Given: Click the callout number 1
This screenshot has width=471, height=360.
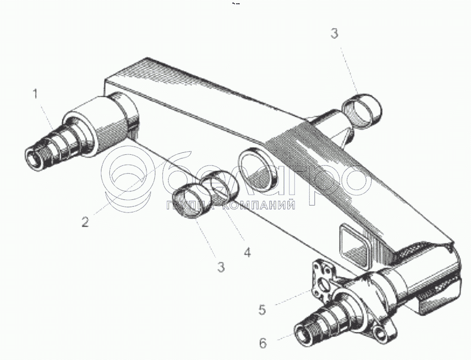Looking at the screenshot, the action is (x=36, y=95).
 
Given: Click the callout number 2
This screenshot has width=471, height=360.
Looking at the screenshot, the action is (x=85, y=221).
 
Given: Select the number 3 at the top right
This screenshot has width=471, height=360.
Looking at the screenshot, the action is (x=334, y=33).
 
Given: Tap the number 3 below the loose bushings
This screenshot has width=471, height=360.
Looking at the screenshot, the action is (x=221, y=267).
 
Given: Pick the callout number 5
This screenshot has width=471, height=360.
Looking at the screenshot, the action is (x=262, y=309).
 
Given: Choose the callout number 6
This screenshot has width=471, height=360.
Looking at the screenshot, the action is (x=263, y=343).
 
